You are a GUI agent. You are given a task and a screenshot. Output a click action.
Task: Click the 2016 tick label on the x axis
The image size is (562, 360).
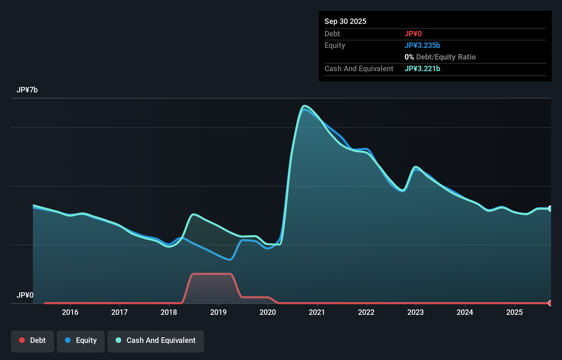pyautogui.click(x=70, y=312)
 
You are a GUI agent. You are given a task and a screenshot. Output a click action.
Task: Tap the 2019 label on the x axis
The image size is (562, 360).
pyautogui.click(x=218, y=312)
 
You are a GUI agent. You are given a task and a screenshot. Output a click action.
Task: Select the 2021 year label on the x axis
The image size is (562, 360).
pyautogui.click(x=317, y=312)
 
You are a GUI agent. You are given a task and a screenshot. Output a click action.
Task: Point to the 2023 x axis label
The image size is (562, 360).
pyautogui.click(x=416, y=312)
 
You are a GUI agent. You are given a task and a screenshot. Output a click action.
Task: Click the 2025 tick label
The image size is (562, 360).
pyautogui.click(x=514, y=312)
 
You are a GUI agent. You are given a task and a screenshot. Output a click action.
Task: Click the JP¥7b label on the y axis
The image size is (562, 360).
pyautogui.click(x=27, y=90)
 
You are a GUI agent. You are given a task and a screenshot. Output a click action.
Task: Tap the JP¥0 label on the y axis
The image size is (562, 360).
pyautogui.click(x=25, y=295)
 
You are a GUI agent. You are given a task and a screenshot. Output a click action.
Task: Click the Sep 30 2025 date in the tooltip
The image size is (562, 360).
pyautogui.click(x=345, y=21)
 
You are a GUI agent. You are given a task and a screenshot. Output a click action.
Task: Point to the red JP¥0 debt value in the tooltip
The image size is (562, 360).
pyautogui.click(x=413, y=34)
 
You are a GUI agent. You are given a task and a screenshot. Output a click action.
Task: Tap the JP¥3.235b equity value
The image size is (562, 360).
pyautogui.click(x=422, y=45)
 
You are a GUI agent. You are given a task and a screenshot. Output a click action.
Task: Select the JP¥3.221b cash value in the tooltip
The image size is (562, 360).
pyautogui.click(x=422, y=68)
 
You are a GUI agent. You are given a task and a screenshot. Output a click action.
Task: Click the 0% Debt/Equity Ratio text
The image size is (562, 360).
pyautogui.click(x=440, y=57)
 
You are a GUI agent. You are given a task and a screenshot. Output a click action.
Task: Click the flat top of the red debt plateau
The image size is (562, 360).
pyautogui.click(x=212, y=274)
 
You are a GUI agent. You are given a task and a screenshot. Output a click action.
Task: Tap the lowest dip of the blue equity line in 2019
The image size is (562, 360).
pyautogui.click(x=230, y=260)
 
